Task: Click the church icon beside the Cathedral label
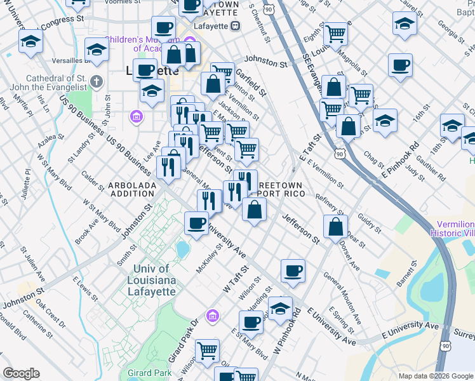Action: tap(96, 81)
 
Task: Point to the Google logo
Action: tap(21, 373)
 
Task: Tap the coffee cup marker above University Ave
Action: tap(196, 223)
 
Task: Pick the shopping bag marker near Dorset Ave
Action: tap(335, 227)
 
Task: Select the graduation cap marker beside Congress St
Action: tap(30, 43)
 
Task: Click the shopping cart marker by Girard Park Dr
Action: tap(207, 351)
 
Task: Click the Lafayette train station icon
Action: tap(235, 26)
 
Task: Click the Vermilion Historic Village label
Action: tap(455, 229)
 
